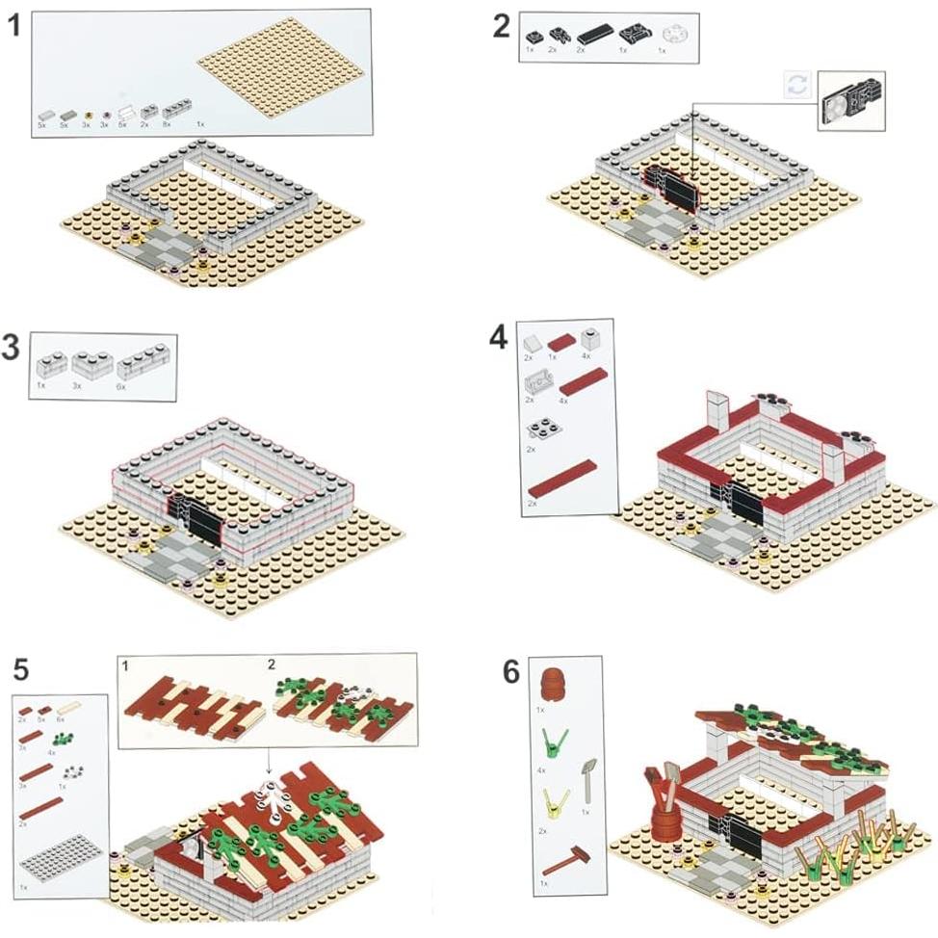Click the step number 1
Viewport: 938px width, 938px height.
click(x=14, y=26)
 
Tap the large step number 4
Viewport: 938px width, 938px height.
click(x=498, y=339)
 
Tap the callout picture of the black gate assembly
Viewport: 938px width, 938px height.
click(x=850, y=100)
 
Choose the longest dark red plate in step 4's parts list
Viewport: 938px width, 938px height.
click(x=561, y=478)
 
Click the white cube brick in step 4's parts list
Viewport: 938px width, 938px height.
click(x=590, y=338)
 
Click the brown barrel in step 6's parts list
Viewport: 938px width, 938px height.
click(x=553, y=684)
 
